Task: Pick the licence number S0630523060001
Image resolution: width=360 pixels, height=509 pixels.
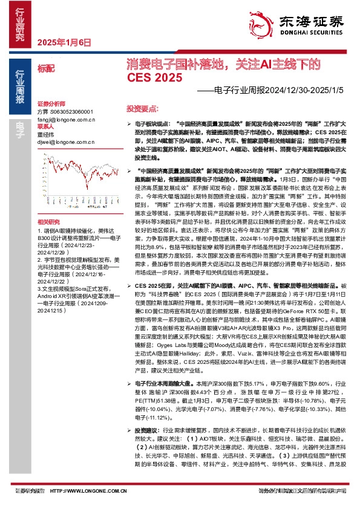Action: tap(71, 112)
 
